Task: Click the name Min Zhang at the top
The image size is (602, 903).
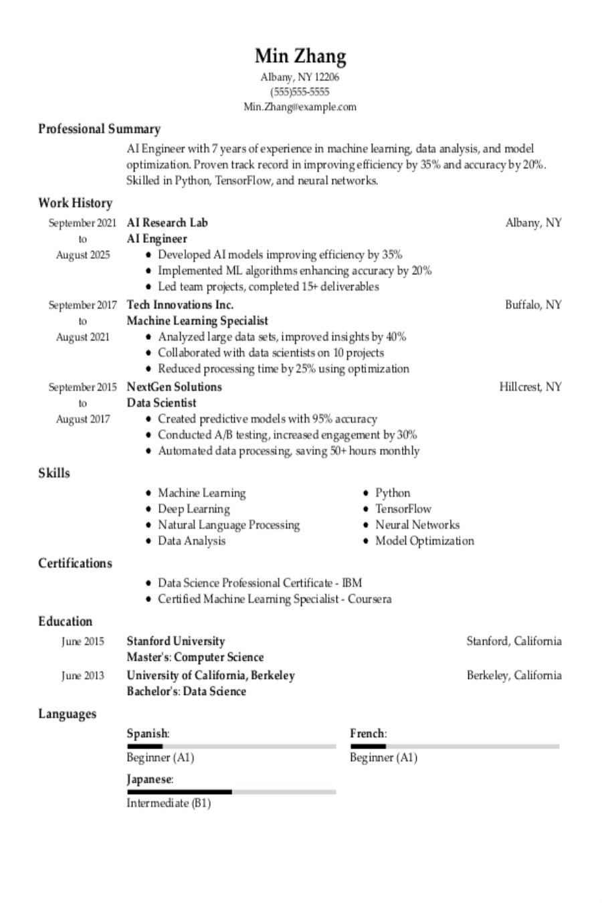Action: pos(300,56)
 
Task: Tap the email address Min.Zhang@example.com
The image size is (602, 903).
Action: pos(300,106)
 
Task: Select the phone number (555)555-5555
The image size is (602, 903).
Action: pos(300,92)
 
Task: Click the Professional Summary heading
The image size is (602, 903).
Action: pos(99,129)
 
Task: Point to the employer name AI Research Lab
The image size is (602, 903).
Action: pos(167,223)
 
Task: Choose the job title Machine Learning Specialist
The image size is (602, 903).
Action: pos(197,321)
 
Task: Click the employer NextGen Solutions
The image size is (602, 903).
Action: pos(174,387)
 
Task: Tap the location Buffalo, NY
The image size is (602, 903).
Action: pos(533,305)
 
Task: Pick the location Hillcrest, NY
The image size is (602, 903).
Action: pos(530,387)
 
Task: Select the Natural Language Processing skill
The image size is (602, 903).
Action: pos(229,525)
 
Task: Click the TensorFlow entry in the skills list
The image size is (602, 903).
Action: pos(403,509)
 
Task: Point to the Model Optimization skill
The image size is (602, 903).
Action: pos(425,541)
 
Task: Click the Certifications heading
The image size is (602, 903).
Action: pos(75,563)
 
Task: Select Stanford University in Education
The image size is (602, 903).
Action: pos(176,641)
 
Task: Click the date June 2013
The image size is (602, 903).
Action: pos(83,676)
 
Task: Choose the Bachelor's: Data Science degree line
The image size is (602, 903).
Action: pos(187,691)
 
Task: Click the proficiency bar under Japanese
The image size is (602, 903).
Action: pos(231,792)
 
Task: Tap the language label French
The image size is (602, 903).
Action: pos(367,734)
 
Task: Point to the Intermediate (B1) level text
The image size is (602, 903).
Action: pos(169,803)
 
